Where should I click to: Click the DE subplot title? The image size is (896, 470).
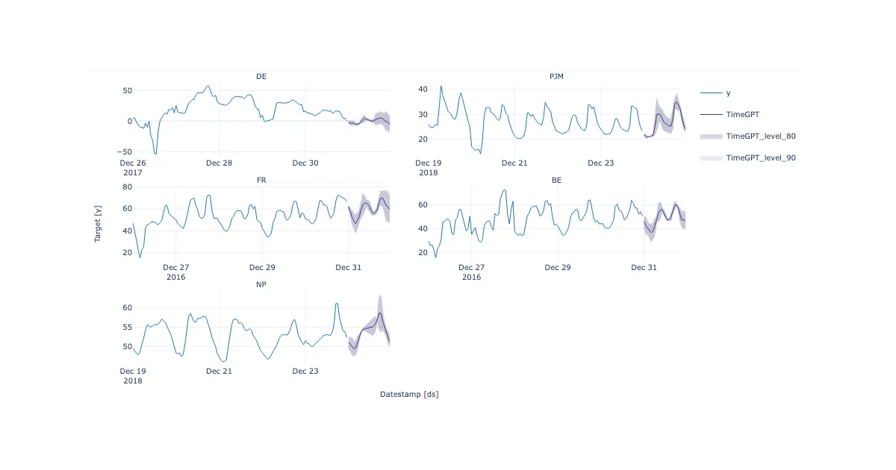pyautogui.click(x=261, y=76)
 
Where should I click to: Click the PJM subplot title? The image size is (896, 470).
pyautogui.click(x=556, y=76)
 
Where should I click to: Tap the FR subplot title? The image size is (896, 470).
pyautogui.click(x=261, y=181)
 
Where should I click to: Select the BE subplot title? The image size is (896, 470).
pyautogui.click(x=556, y=181)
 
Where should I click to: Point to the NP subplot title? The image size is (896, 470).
pyautogui.click(x=261, y=284)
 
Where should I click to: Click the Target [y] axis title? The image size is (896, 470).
pyautogui.click(x=98, y=224)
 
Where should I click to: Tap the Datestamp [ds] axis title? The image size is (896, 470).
pyautogui.click(x=409, y=394)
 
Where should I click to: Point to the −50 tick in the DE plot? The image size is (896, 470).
pyautogui.click(x=125, y=152)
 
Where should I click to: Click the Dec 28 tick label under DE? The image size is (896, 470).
pyautogui.click(x=219, y=163)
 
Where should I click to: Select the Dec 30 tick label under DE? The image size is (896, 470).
pyautogui.click(x=305, y=163)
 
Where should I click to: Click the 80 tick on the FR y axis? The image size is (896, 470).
pyautogui.click(x=127, y=187)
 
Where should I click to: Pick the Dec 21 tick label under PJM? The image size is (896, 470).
pyautogui.click(x=514, y=163)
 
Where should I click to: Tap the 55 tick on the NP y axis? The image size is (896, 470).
pyautogui.click(x=127, y=328)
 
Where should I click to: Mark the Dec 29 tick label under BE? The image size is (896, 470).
pyautogui.click(x=558, y=267)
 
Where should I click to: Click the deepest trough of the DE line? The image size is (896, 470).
pyautogui.click(x=155, y=154)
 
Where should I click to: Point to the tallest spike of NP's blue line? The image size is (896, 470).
pyautogui.click(x=337, y=304)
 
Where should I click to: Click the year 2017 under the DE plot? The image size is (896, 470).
pyautogui.click(x=133, y=172)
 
